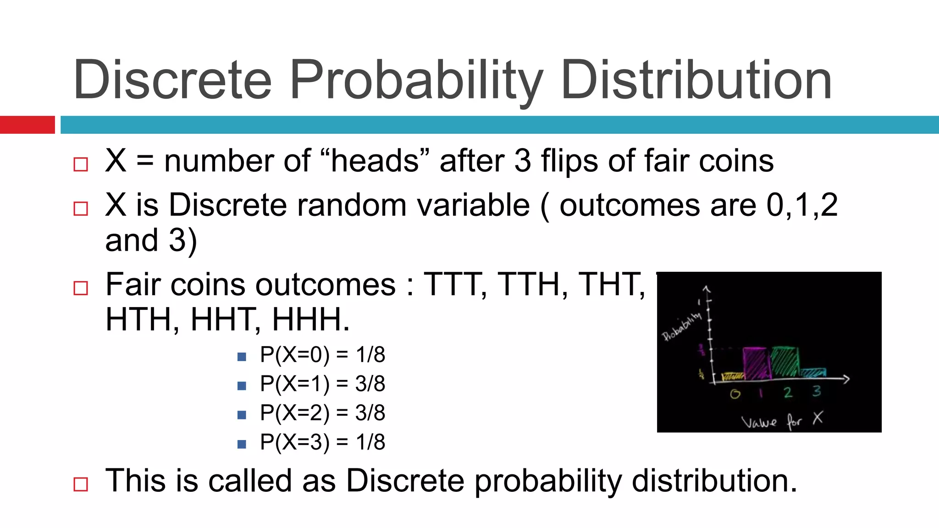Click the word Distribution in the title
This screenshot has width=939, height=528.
click(x=696, y=80)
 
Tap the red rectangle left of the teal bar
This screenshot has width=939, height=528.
click(x=27, y=125)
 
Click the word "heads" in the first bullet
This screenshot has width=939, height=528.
click(x=375, y=161)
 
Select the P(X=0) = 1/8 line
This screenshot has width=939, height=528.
click(x=322, y=355)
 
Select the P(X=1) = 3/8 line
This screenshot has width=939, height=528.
click(x=322, y=384)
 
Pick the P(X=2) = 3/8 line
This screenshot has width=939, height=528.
click(x=322, y=413)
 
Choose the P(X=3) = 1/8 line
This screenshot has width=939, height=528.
click(x=322, y=442)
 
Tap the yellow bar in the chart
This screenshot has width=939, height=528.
click(x=732, y=377)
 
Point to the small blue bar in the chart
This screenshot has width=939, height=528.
click(x=813, y=373)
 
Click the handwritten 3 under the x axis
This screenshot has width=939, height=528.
click(x=817, y=391)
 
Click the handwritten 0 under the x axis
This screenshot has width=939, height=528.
click(x=735, y=394)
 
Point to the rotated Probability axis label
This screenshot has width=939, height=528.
click(x=682, y=326)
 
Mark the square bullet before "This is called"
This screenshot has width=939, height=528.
click(x=81, y=484)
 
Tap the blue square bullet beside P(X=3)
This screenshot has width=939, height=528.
click(x=242, y=444)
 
